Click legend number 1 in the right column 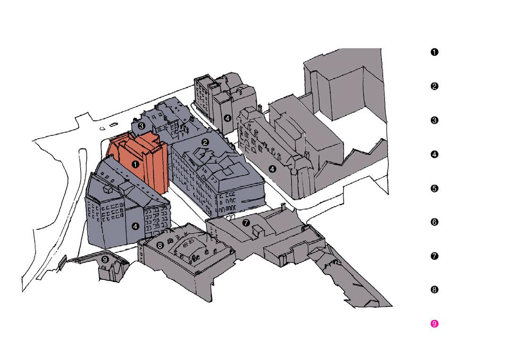[434, 52]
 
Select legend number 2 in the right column [434, 86]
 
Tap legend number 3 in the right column [434, 120]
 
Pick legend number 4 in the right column [434, 154]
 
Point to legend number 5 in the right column [434, 188]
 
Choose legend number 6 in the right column [434, 222]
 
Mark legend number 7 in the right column [434, 256]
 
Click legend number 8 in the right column [434, 290]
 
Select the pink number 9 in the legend [434, 324]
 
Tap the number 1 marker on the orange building [135, 165]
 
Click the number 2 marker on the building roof [205, 142]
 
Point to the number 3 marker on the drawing [142, 126]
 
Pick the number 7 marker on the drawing [246, 222]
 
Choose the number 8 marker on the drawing [160, 245]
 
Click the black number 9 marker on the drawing [105, 259]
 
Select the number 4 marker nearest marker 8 [136, 226]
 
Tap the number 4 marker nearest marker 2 [227, 118]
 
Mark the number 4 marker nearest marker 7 [272, 169]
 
